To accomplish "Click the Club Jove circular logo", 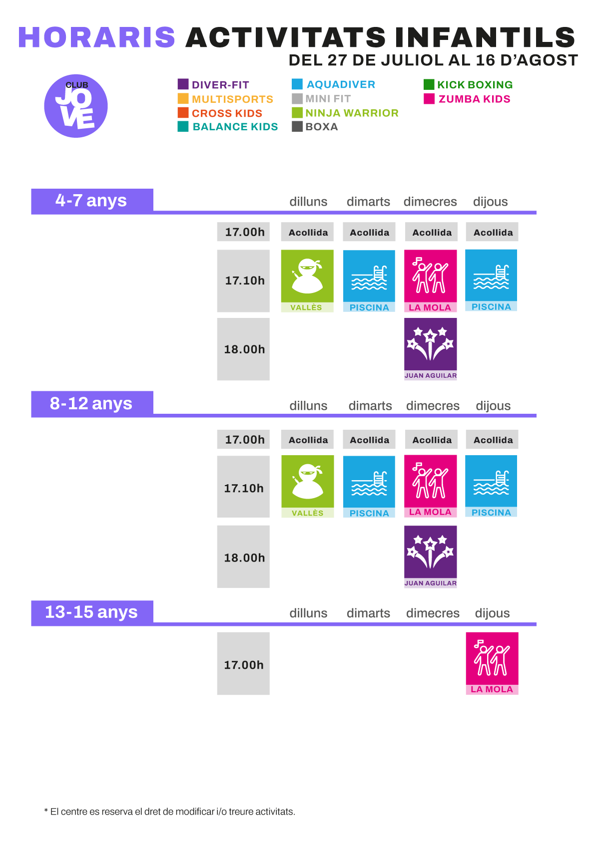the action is (x=76, y=106).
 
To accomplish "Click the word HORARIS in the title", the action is (x=96, y=37).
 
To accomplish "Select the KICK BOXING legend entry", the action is (x=468, y=84).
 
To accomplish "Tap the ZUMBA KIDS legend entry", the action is (x=467, y=99).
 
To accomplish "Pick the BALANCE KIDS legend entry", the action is (x=228, y=127).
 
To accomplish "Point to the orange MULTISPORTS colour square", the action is (x=183, y=99).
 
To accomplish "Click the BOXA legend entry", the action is (x=315, y=127).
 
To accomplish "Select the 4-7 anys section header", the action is (x=92, y=201).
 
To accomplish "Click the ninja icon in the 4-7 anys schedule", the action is (x=307, y=276).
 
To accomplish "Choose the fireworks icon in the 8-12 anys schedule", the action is (x=430, y=552).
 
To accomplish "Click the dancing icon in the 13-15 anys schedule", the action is (x=492, y=658).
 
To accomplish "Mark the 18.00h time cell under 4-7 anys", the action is (x=243, y=349).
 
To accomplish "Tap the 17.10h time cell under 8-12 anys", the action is (x=243, y=487).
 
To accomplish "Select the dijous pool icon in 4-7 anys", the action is (x=491, y=275).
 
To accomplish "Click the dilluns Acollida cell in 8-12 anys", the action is (x=307, y=439).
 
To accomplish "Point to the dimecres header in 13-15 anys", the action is (x=433, y=613).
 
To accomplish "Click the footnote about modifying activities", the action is (x=170, y=812).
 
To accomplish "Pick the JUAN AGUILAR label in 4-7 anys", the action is (x=430, y=375).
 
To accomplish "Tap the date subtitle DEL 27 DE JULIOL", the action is (x=433, y=60).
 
